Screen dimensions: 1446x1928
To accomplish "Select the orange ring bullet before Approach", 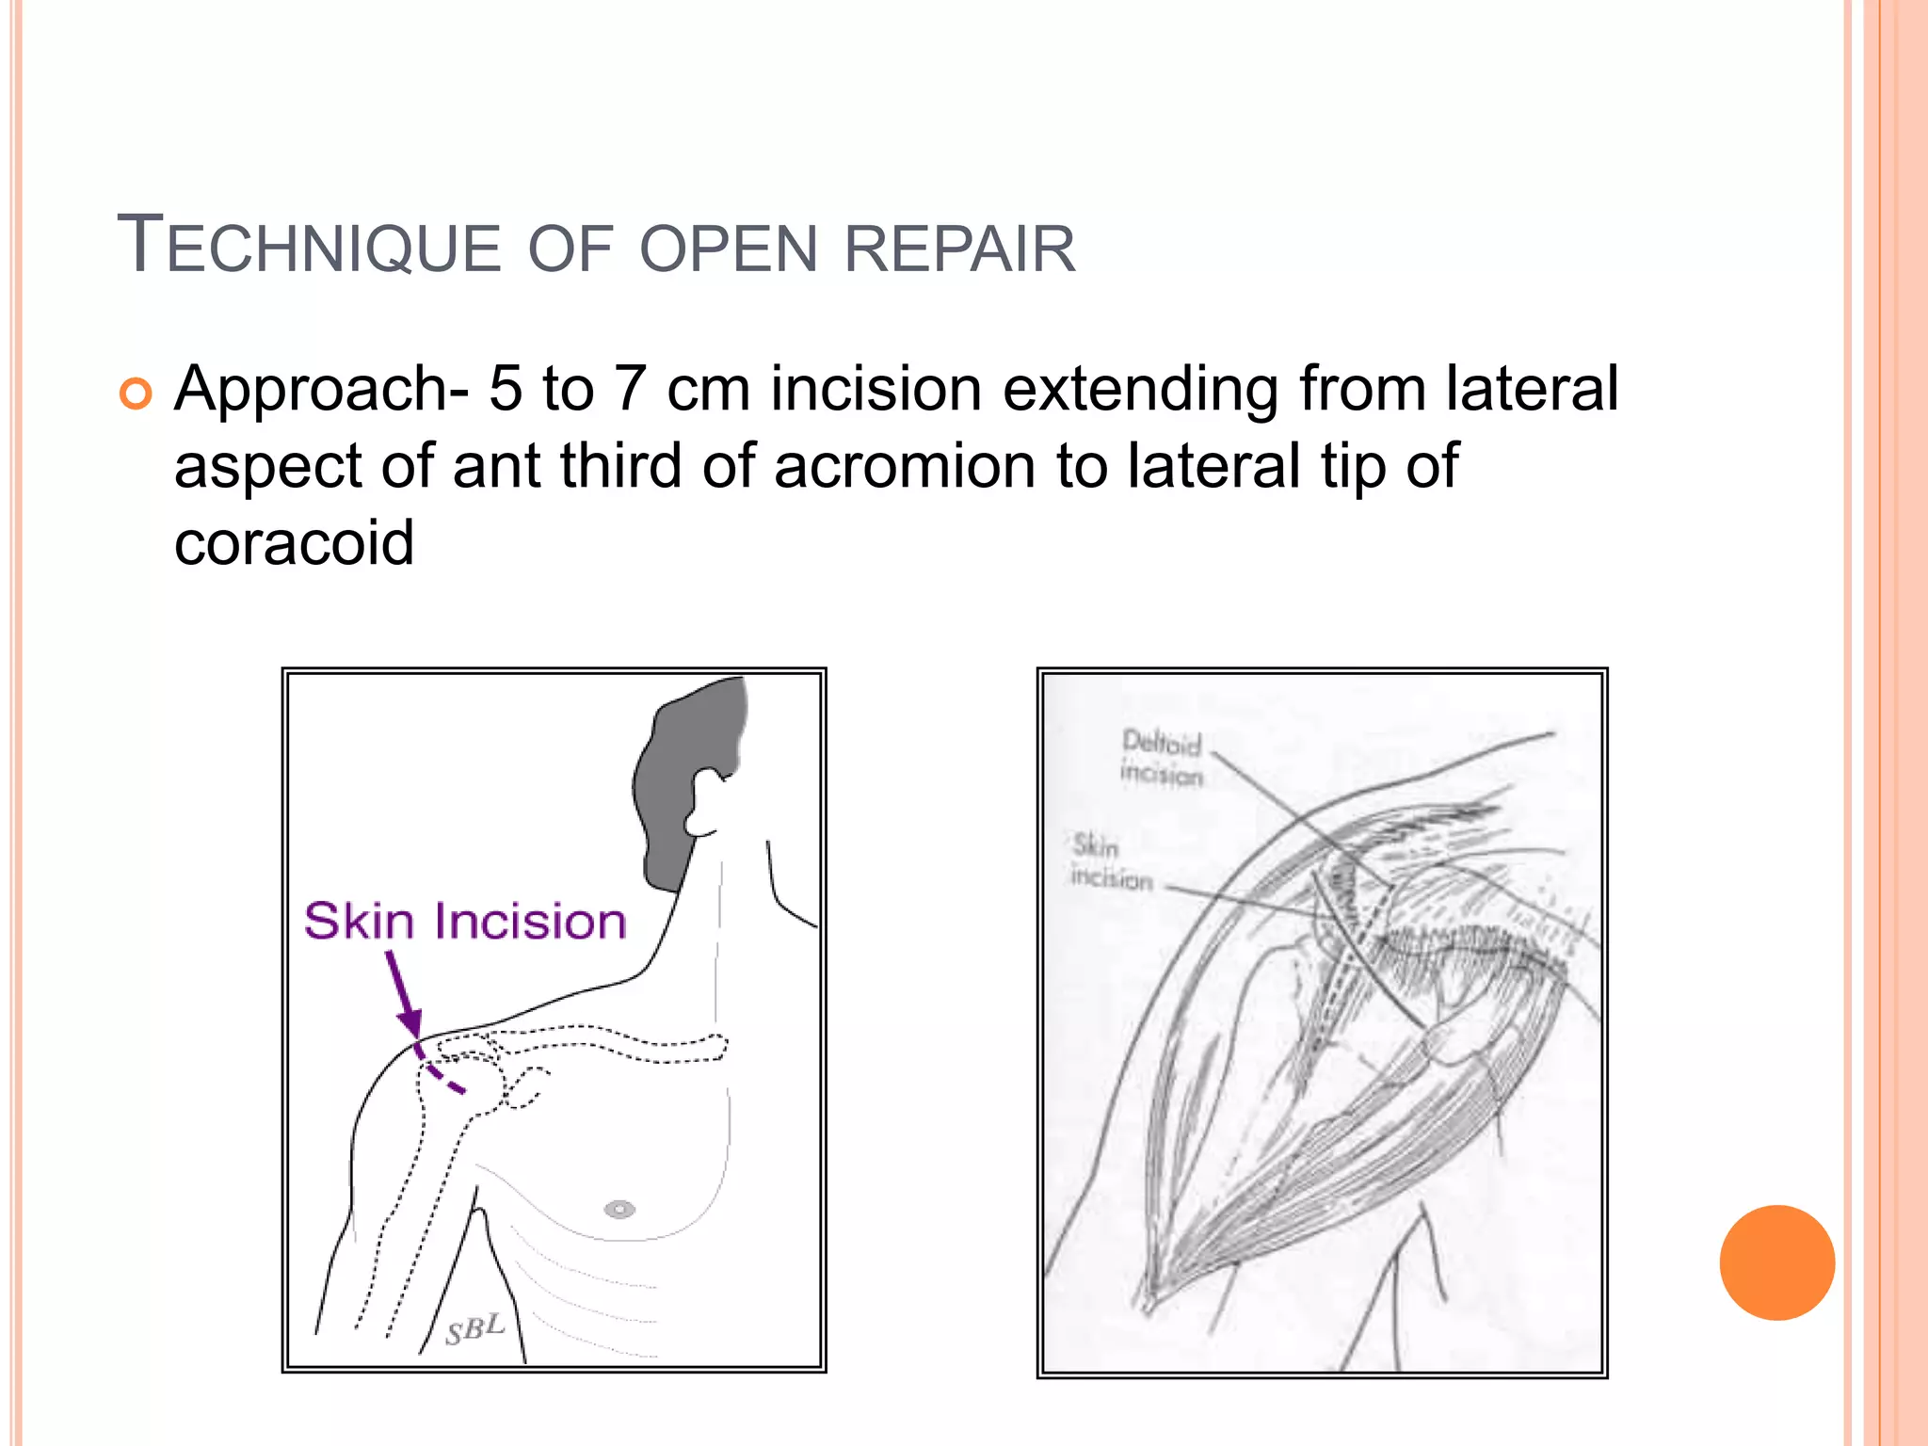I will pos(136,394).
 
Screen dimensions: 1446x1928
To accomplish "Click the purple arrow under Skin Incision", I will pos(404,994).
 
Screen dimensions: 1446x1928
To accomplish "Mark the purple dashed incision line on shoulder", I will pos(439,1073).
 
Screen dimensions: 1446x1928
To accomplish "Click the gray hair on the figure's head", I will pos(687,763).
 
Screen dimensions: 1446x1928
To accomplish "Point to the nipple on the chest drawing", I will pos(619,1209).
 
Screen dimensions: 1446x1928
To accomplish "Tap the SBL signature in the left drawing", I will pos(475,1329).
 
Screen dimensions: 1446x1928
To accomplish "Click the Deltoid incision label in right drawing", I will pos(1162,757).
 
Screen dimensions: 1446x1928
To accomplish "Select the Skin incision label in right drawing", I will pos(1111,861).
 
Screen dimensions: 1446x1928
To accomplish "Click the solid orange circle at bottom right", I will pos(1776,1262).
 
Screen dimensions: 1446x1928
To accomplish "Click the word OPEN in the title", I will pos(728,249).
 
